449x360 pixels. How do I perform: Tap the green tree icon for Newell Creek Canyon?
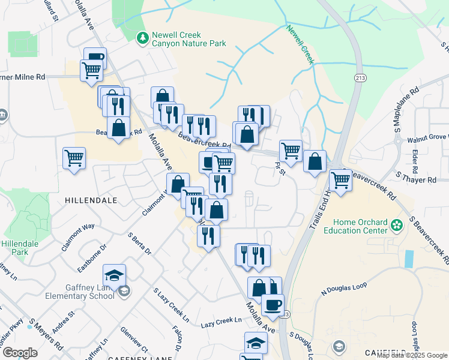click(142, 39)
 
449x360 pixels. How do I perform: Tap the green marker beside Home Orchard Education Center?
click(396, 225)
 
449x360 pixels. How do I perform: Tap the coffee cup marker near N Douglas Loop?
click(274, 304)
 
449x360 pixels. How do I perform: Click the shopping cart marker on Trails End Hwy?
click(340, 179)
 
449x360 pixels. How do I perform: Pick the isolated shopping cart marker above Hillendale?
click(74, 158)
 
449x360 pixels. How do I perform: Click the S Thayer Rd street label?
click(416, 179)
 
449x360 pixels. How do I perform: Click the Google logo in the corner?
click(20, 352)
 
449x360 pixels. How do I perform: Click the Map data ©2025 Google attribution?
click(412, 355)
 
